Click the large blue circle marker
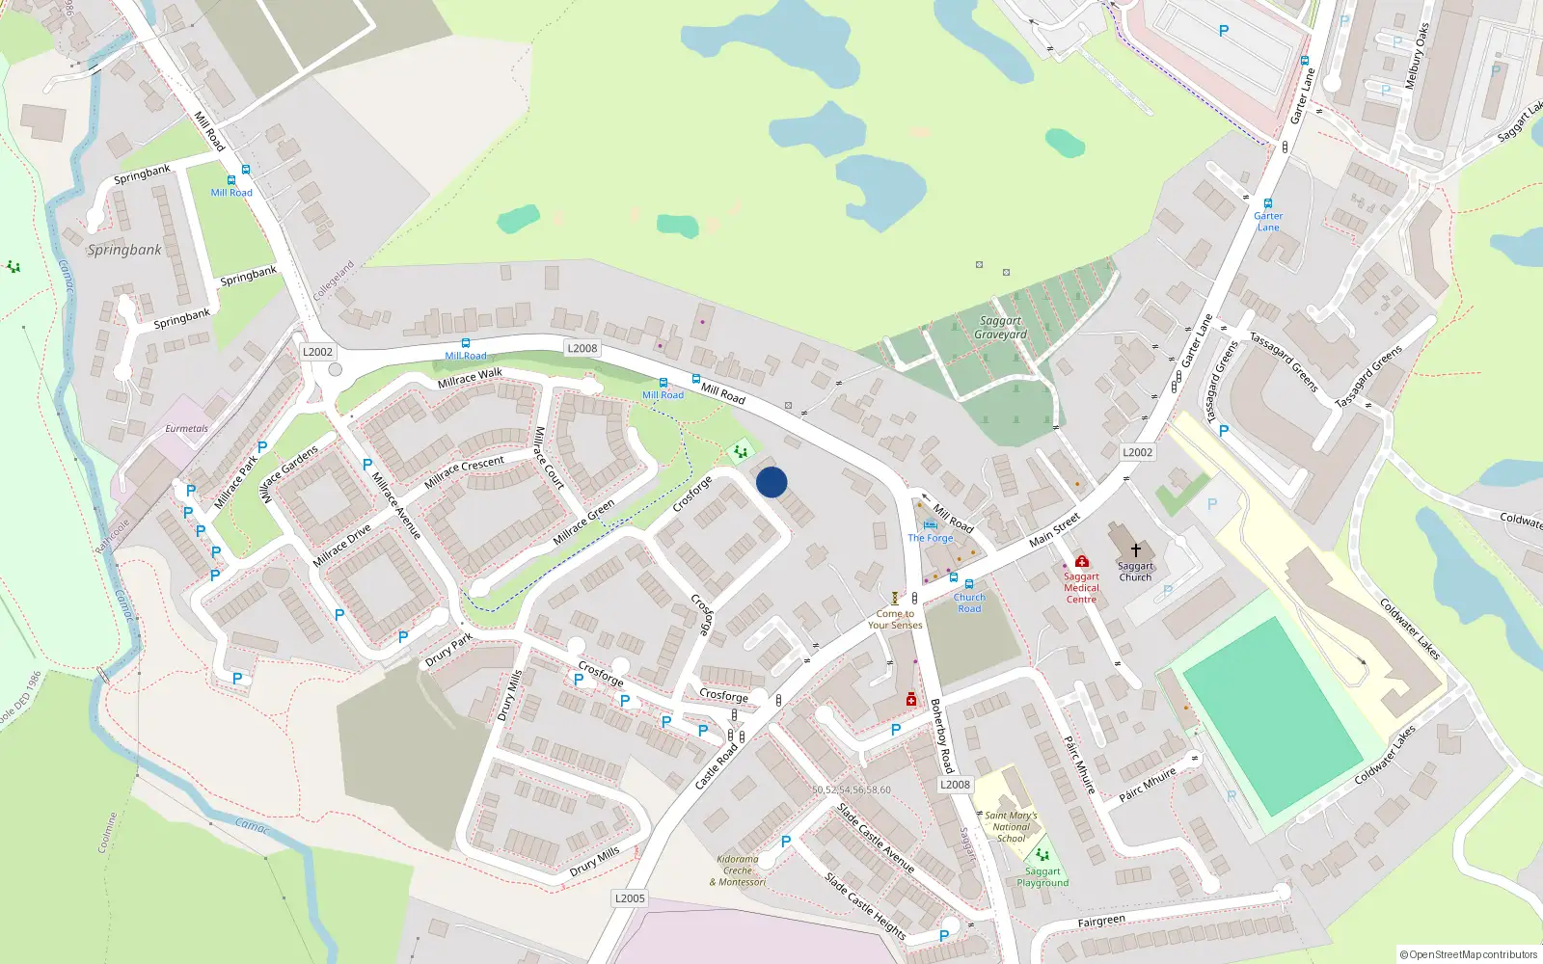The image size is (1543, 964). click(771, 482)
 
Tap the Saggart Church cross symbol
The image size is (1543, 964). click(1136, 550)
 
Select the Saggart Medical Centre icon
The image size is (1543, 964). click(1082, 561)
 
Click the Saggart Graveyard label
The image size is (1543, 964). click(1000, 328)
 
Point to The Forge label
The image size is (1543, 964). click(930, 538)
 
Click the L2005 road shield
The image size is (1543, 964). click(630, 898)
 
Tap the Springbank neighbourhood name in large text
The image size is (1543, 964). click(124, 250)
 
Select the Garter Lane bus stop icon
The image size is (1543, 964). click(1268, 203)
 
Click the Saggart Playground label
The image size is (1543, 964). click(1042, 877)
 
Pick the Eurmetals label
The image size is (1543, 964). click(186, 429)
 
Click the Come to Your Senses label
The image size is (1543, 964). click(895, 619)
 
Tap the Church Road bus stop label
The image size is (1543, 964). click(969, 602)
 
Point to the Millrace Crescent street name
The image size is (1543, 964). click(464, 471)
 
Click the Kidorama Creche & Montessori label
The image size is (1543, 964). click(738, 870)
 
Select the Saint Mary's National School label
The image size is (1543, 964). click(1011, 826)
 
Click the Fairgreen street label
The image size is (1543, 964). click(1101, 922)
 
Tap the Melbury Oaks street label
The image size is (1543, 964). click(1417, 57)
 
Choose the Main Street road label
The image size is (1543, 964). click(1054, 530)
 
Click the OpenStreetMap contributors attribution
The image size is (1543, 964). click(1468, 954)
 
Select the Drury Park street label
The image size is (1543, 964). click(448, 651)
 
